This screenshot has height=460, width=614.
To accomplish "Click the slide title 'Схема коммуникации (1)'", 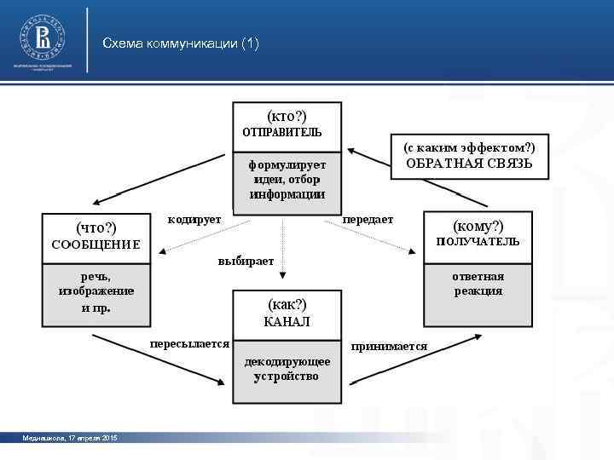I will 180,43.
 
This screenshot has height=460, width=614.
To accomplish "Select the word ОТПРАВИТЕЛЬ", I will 282,133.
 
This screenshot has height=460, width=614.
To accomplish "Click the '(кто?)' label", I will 287,116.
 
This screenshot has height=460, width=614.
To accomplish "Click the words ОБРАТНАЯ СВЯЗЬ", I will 469,164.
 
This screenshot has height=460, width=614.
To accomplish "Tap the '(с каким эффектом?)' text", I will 469,147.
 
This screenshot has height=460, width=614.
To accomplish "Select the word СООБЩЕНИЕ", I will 96,245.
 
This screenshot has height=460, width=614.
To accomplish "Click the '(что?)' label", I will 96,227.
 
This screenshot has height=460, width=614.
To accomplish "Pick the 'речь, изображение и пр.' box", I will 96,292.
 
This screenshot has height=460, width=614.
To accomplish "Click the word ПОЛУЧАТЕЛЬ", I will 478,242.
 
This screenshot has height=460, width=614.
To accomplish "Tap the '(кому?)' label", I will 478,225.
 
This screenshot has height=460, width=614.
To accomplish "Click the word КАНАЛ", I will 287,322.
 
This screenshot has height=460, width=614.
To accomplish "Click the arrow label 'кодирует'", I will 194,220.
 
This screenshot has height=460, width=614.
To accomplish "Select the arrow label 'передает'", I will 368,220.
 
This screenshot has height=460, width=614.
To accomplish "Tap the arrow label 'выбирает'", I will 246,261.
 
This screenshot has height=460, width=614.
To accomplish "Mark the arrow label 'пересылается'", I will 189,344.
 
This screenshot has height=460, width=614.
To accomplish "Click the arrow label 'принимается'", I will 390,347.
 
